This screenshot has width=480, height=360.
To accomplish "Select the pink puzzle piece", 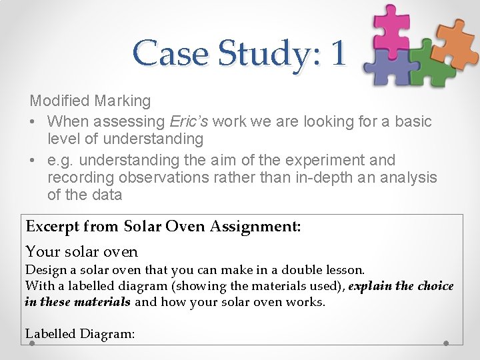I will click(391, 27).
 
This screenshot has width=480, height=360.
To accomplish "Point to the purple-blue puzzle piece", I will click(389, 66).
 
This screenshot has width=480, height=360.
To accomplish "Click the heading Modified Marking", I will click(90, 101).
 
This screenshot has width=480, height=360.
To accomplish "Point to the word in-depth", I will click(319, 177).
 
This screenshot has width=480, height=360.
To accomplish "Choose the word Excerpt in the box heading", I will click(51, 226).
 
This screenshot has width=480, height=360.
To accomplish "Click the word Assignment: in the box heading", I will click(255, 226).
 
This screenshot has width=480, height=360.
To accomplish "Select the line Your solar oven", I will click(81, 252).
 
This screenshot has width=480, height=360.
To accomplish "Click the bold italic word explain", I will click(370, 286).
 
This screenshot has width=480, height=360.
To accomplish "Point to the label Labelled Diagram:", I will click(80, 333).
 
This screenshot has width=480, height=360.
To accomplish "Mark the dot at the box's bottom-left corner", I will click(31, 344).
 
